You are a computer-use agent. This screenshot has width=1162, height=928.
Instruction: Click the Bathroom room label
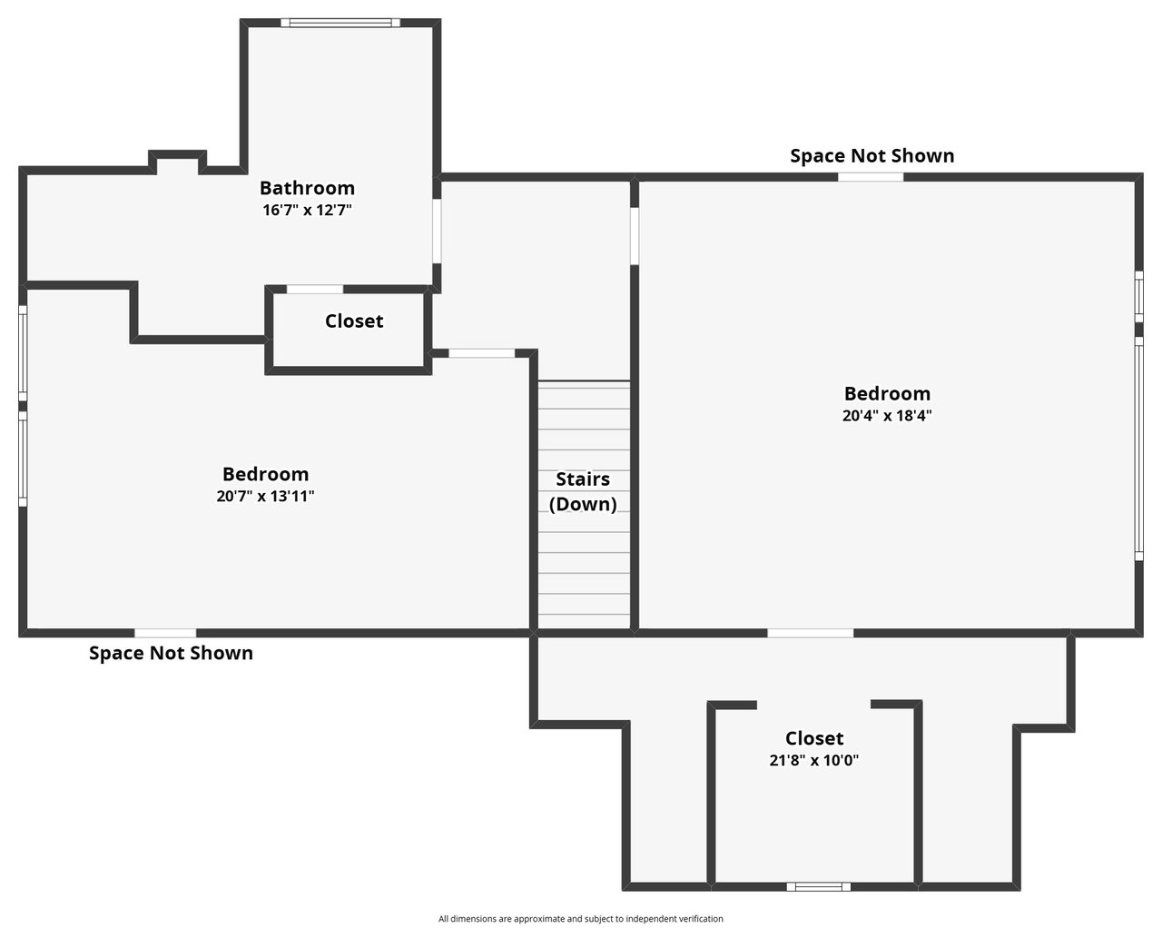(x=307, y=188)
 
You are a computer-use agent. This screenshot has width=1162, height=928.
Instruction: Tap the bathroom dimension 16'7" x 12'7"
(x=307, y=210)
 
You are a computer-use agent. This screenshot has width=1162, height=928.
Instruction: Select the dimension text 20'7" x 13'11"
(x=265, y=496)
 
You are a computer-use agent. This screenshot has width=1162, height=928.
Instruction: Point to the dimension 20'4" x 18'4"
(x=887, y=415)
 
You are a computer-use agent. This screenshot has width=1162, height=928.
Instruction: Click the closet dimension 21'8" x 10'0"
(x=813, y=761)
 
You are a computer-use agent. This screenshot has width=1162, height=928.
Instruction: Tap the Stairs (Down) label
(x=583, y=491)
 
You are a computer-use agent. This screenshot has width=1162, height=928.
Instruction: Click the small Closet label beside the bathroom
(x=354, y=321)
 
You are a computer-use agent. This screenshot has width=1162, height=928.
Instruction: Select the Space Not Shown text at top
(x=872, y=155)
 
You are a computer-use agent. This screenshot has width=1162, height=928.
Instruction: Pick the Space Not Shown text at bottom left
(x=171, y=653)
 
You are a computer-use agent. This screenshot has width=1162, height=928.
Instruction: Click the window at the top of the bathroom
(x=340, y=23)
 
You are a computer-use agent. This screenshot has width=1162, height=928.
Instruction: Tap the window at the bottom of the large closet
(x=819, y=886)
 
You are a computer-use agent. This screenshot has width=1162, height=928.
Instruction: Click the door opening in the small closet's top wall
(x=315, y=290)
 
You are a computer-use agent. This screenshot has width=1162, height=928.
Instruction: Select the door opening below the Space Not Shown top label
(x=871, y=177)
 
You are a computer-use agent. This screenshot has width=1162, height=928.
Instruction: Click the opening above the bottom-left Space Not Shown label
(x=165, y=633)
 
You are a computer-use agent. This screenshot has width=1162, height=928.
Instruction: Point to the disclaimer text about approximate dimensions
(x=580, y=918)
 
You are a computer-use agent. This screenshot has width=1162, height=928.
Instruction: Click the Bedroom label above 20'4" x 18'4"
(x=887, y=394)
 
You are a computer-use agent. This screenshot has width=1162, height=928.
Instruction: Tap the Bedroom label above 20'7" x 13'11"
(x=265, y=474)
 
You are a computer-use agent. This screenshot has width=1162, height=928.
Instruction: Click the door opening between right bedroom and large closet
(x=811, y=633)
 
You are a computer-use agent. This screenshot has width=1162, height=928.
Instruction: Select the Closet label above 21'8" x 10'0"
(x=813, y=738)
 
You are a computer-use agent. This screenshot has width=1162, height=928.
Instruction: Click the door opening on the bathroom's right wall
(x=437, y=232)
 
